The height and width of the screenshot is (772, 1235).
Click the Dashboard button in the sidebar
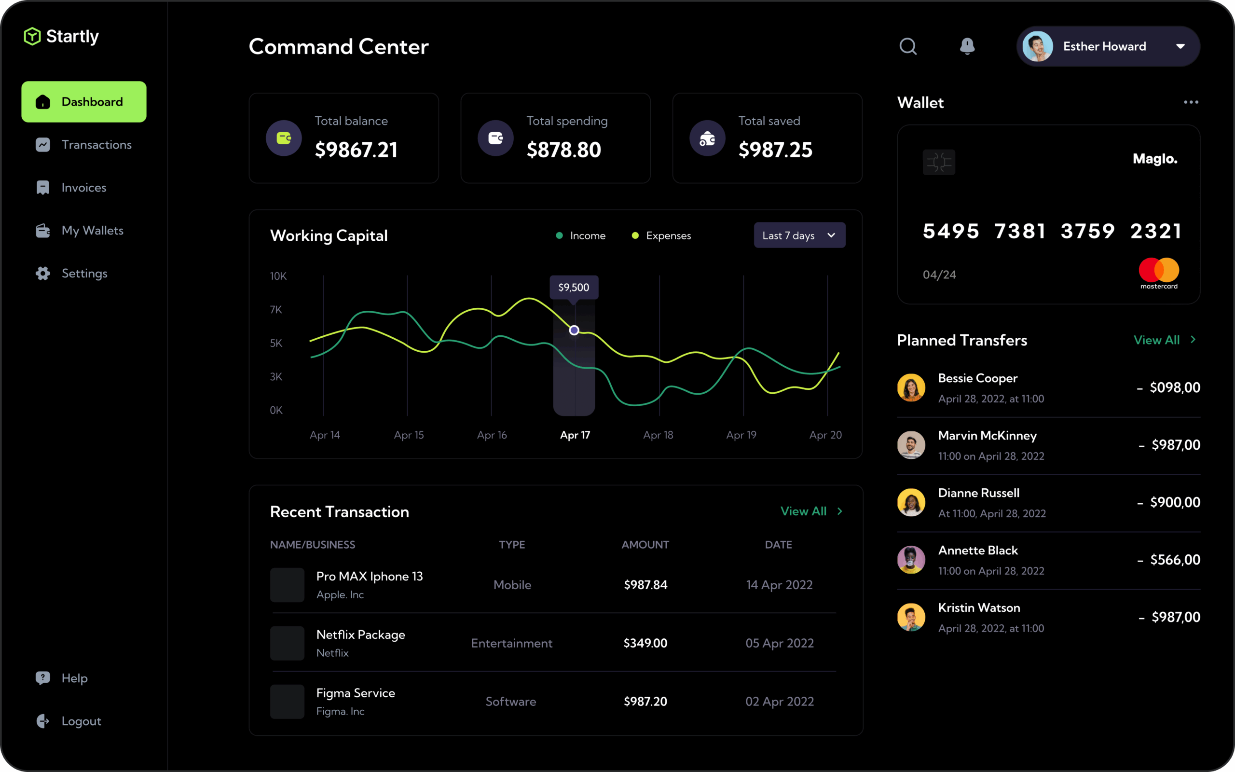[x=83, y=102]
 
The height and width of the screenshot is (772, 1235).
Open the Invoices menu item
[x=83, y=188]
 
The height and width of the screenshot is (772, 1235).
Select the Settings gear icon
[x=43, y=274]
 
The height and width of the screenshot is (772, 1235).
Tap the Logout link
[x=81, y=721]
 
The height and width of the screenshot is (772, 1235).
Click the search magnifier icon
[x=908, y=46]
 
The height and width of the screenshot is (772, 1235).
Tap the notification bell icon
[x=967, y=46]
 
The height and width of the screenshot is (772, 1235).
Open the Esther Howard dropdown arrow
[x=1180, y=46]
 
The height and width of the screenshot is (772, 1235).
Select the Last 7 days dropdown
[x=799, y=235]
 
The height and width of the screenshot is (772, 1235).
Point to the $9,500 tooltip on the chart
[x=574, y=288]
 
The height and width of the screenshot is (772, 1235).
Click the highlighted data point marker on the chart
[x=574, y=331]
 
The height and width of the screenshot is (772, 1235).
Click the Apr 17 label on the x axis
[x=575, y=435]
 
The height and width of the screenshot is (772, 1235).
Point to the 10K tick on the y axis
[x=278, y=276]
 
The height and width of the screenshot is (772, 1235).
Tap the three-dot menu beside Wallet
[x=1191, y=103]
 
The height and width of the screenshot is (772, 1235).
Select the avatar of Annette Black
[x=911, y=560]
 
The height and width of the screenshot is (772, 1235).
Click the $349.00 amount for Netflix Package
[x=645, y=643]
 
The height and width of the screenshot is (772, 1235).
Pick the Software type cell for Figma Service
[x=511, y=702]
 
